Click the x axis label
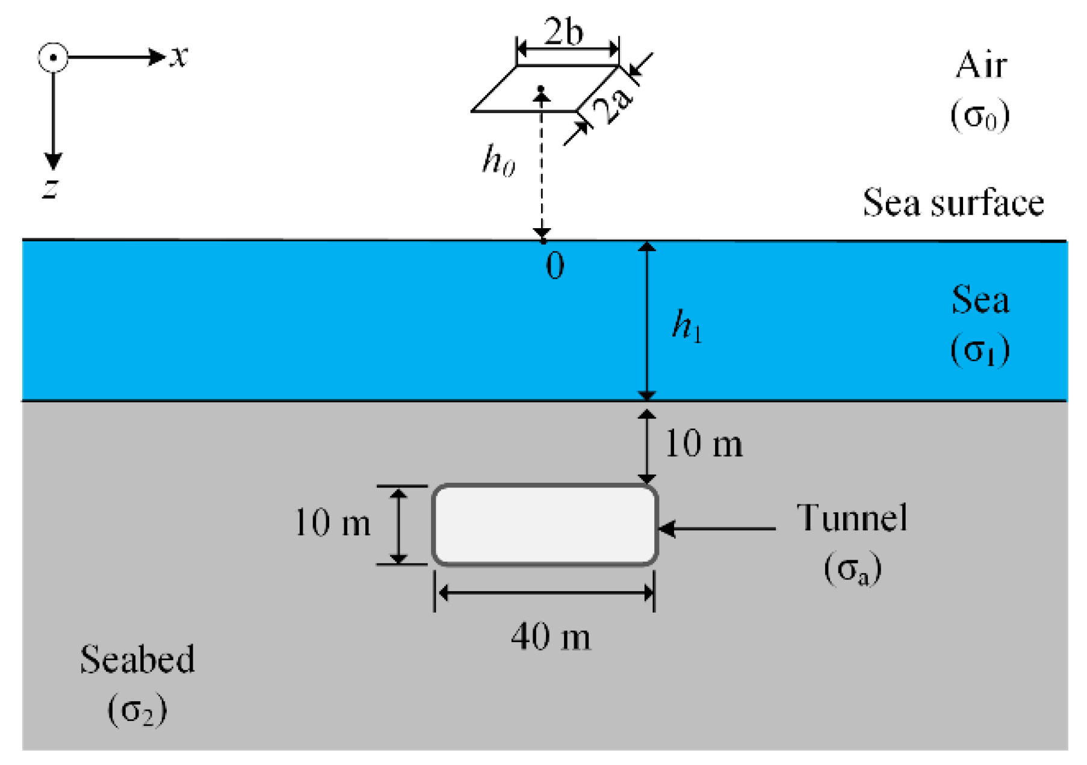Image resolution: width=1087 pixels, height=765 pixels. pos(179,57)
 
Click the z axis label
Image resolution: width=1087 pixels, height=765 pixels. pos(51,187)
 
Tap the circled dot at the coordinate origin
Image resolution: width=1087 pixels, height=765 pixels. pos(54,58)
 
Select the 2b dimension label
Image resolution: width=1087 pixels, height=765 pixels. pos(563,31)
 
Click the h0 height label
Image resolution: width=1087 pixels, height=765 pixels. pos(498,160)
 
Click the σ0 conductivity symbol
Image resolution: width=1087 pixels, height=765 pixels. pos(980,115)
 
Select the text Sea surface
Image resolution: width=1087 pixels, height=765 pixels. pos(953,203)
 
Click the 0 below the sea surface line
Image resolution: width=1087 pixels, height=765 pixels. pos(555,265)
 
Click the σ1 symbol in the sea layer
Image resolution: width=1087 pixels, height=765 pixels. pos(980,350)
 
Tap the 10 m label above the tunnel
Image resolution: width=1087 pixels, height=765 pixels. pos(704,445)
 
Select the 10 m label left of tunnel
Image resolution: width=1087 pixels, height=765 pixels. pos(332,522)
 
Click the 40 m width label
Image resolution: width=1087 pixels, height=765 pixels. pos(550,637)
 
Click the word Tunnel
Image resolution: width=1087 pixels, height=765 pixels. pos(852,518)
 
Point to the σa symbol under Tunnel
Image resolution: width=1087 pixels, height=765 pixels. pos(852,569)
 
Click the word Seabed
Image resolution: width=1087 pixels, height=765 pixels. pos(137,660)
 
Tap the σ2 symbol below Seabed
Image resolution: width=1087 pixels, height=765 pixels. pos(137,710)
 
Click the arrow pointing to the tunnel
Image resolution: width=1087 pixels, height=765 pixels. pos(716,529)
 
